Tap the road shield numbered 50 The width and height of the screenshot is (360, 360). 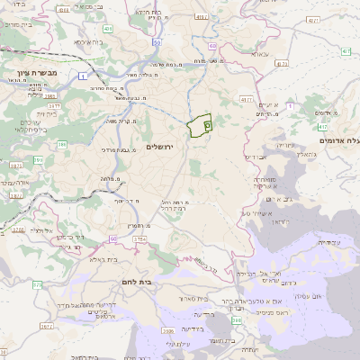pyautogui.click(x=157, y=42)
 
